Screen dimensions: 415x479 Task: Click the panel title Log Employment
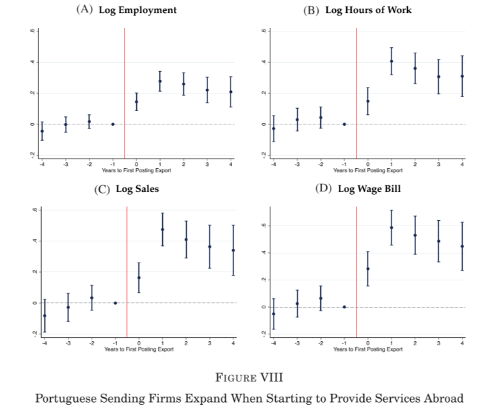[138, 10]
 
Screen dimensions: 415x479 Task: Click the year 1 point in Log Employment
[160, 81]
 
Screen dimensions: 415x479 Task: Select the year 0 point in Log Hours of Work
[368, 101]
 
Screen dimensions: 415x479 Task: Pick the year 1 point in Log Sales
[163, 230]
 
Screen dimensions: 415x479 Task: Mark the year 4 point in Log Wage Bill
[463, 246]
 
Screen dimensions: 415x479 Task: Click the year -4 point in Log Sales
[44, 315]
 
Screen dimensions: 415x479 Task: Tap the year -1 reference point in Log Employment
[113, 124]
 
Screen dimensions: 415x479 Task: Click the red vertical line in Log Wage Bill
[357, 267]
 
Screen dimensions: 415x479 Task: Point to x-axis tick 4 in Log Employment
[231, 165]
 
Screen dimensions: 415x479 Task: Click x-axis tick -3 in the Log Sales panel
[68, 343]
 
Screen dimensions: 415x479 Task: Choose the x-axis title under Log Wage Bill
[368, 349]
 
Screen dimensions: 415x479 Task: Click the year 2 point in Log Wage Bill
[415, 235]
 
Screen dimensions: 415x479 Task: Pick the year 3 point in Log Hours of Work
[439, 77]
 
